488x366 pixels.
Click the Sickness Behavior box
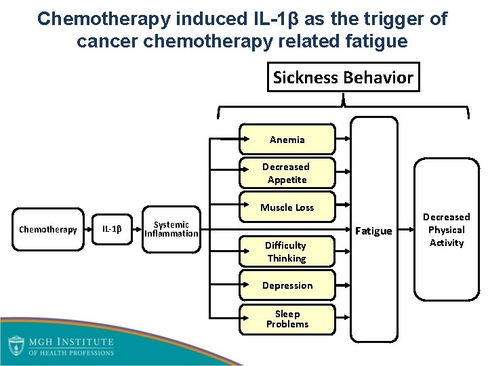tap(342, 78)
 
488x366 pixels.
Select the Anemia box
tap(287, 140)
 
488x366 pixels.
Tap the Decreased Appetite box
tap(287, 173)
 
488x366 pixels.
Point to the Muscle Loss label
tap(287, 207)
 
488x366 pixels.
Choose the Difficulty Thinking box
tap(286, 251)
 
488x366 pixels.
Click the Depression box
tap(287, 285)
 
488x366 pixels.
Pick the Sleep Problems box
tap(287, 319)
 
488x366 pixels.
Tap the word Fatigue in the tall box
tap(374, 231)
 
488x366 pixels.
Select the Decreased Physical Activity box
tap(446, 230)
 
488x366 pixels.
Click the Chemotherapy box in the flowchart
tap(48, 229)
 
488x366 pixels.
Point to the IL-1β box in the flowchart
tap(112, 229)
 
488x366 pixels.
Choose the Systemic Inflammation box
tap(171, 229)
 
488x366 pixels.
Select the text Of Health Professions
tap(70, 352)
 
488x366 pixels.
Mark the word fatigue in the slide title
tap(378, 42)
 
